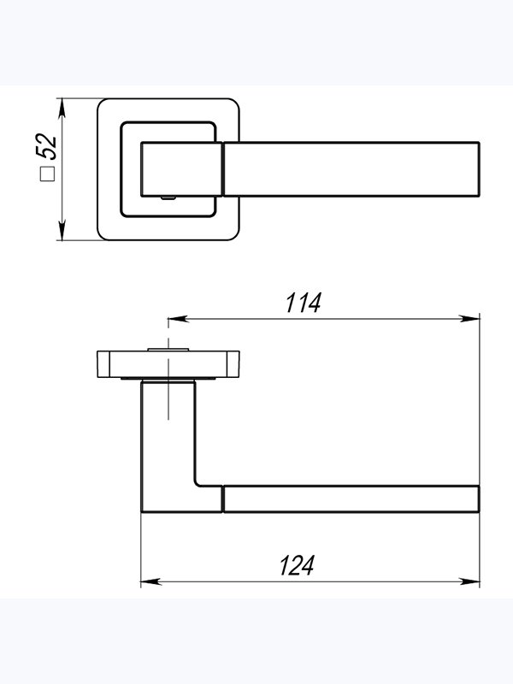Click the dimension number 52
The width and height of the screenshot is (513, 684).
[x=46, y=146]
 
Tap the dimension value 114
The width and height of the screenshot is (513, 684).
[x=304, y=303]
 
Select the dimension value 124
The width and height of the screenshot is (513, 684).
[x=297, y=565]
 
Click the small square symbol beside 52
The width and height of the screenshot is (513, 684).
[x=47, y=174]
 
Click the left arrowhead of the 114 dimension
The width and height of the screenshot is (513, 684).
[x=179, y=319]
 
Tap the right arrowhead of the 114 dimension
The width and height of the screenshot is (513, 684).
[x=469, y=319]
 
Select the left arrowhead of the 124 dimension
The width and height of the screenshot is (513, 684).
[x=151, y=581]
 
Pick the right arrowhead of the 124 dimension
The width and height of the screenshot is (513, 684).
[x=469, y=581]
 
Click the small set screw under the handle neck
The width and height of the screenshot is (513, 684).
[x=168, y=198]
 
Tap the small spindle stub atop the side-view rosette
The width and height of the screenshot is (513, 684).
[x=168, y=350]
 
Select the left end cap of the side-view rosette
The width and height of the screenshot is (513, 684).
[x=103, y=364]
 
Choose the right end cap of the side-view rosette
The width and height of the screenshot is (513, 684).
[x=233, y=364]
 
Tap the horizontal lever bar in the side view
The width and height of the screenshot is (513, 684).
[x=351, y=498]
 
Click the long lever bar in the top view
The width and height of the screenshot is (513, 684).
[x=351, y=169]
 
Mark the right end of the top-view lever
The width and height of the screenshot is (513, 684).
[x=479, y=169]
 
